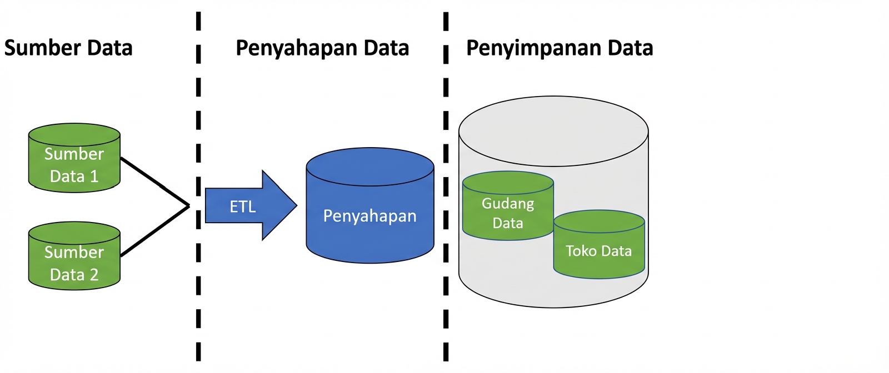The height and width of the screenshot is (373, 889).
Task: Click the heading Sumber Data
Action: click(x=68, y=48)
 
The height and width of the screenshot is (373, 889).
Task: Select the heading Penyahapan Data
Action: click(x=322, y=48)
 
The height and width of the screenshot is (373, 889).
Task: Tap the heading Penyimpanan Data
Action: click(x=560, y=48)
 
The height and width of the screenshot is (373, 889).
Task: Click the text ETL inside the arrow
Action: click(x=243, y=207)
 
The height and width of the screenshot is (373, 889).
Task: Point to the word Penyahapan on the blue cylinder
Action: click(x=370, y=216)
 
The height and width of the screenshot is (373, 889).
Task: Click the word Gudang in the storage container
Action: click(x=508, y=204)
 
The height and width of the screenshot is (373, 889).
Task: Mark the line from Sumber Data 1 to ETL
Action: click(x=156, y=182)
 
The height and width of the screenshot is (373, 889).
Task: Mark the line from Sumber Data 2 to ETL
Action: click(x=156, y=231)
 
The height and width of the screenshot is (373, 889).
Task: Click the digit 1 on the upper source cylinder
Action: click(x=94, y=177)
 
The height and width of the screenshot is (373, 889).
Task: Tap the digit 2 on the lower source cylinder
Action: click(x=94, y=275)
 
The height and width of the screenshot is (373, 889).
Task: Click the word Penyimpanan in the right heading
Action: click(x=533, y=48)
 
